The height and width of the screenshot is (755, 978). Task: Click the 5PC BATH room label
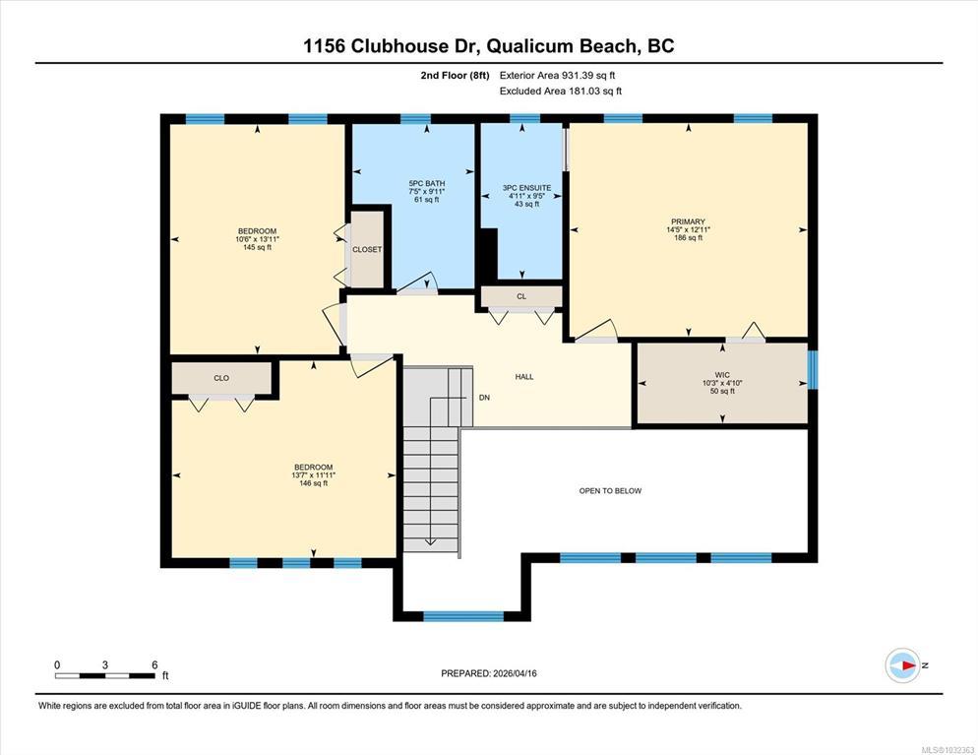click(427, 183)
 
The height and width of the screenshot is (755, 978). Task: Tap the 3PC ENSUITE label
click(527, 188)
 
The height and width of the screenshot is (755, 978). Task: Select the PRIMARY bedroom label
click(688, 221)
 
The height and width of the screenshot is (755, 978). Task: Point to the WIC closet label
click(722, 375)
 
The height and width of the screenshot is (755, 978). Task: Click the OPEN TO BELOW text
click(610, 491)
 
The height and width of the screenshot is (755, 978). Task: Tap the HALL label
click(523, 377)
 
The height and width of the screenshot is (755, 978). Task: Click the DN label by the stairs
click(484, 398)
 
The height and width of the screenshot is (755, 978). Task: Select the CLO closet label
click(221, 378)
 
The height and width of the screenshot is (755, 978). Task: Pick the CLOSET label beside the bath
click(367, 250)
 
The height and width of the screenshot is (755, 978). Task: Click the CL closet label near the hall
click(521, 296)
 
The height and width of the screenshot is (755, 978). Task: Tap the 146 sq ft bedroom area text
click(313, 483)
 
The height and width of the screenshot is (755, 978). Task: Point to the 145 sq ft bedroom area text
click(257, 247)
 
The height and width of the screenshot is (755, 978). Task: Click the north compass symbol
click(903, 665)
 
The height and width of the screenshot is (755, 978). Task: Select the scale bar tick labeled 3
click(104, 665)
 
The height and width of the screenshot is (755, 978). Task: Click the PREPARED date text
click(488, 673)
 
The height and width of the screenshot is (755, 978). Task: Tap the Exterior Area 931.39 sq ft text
click(558, 76)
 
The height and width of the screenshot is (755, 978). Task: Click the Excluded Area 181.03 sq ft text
click(561, 92)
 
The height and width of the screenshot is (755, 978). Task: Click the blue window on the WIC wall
click(812, 370)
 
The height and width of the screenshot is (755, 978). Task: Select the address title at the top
click(488, 46)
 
